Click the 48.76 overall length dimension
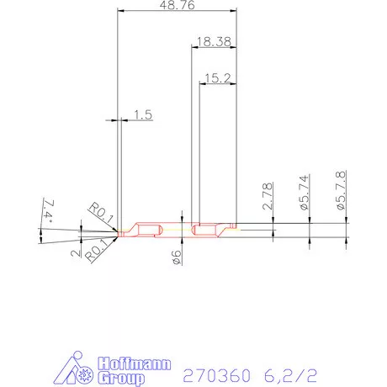point(177,6)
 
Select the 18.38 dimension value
point(214,40)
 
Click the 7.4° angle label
point(46,210)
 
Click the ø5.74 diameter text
point(305,193)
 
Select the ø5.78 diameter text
point(342,190)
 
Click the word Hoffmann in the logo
point(135,364)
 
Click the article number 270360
point(216,374)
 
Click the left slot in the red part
point(148,230)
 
